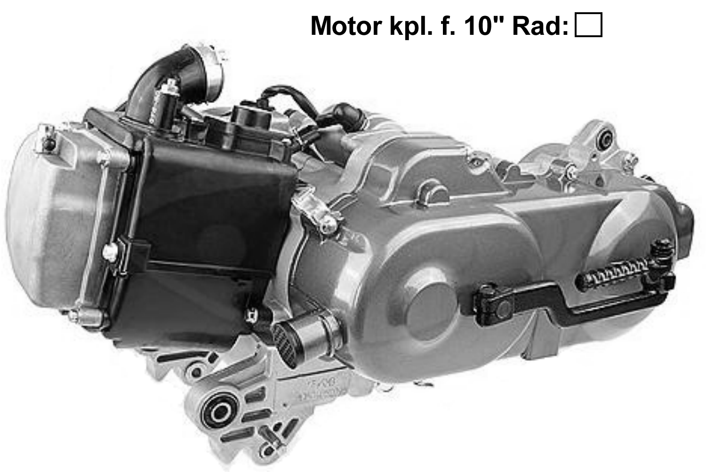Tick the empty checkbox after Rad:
(588, 25)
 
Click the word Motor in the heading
(346, 26)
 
